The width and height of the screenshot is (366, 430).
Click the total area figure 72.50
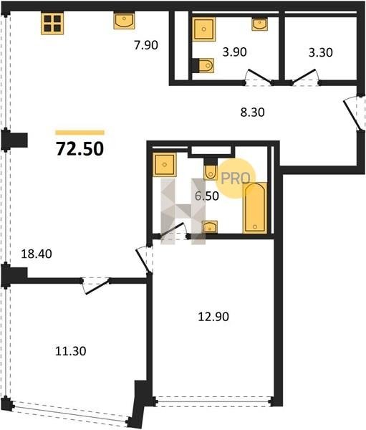click(x=80, y=149)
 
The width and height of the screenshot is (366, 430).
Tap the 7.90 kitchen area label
click(x=146, y=45)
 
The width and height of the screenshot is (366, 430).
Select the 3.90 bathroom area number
click(x=235, y=52)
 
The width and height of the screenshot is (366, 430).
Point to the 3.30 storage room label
click(x=321, y=52)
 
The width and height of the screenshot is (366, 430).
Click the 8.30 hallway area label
click(x=253, y=113)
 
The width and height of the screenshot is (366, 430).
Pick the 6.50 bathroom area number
click(x=207, y=196)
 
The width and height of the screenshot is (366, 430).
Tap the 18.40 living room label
click(x=37, y=254)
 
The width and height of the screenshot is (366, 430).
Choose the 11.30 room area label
click(x=71, y=351)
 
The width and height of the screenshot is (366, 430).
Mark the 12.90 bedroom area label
click(x=213, y=317)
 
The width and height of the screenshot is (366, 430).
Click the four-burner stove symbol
click(x=52, y=24)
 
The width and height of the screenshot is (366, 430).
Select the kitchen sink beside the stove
click(x=124, y=21)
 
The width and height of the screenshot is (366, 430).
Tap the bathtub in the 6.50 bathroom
click(x=255, y=208)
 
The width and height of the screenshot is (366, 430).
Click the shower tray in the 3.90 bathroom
click(x=203, y=29)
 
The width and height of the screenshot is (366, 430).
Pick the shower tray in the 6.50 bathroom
click(x=165, y=165)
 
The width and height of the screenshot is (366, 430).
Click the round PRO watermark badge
click(x=236, y=178)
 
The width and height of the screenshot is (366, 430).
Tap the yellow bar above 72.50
click(x=80, y=133)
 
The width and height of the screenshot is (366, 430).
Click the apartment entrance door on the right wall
click(x=352, y=113)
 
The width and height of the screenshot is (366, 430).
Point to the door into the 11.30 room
click(x=96, y=286)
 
